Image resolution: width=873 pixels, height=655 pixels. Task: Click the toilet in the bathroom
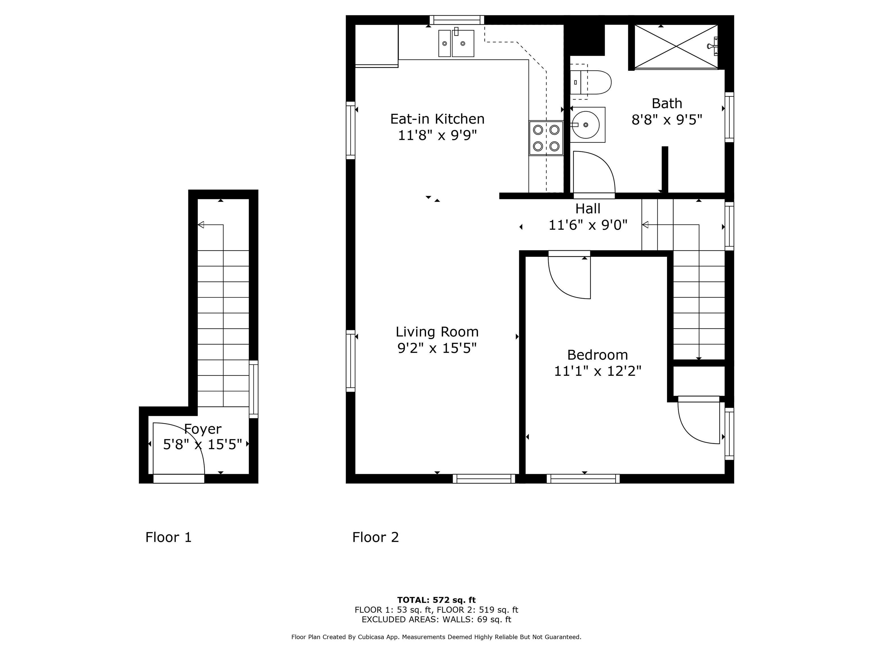591,82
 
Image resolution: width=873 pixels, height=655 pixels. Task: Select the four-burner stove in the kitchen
546,138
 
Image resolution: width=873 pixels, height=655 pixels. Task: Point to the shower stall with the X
676,47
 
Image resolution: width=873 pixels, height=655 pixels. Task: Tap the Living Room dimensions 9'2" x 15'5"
437,348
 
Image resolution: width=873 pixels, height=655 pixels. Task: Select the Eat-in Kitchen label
437,119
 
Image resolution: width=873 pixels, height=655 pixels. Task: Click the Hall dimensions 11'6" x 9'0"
588,225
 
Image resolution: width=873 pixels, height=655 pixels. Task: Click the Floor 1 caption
169,537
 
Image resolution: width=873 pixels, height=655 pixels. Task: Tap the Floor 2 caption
376,537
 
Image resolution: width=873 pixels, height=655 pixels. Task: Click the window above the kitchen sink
457,20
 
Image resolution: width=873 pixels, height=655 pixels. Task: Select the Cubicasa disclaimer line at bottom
436,637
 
